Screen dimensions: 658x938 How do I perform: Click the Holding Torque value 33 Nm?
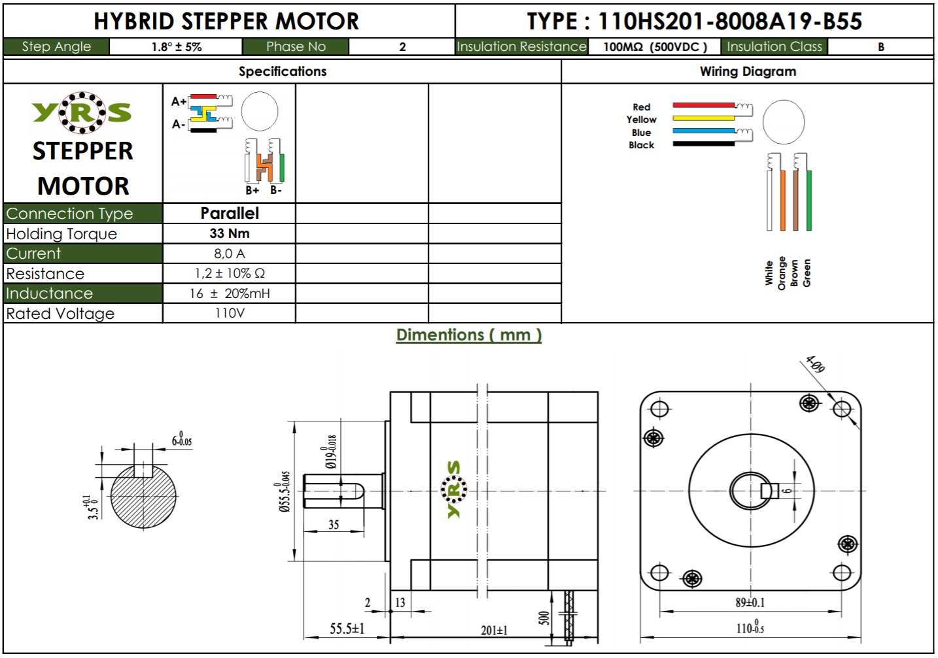[229, 233]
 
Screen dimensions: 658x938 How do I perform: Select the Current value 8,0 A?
[229, 254]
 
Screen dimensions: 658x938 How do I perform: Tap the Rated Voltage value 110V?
[229, 313]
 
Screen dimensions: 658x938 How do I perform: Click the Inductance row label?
[50, 293]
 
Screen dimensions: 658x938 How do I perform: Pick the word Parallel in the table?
[229, 213]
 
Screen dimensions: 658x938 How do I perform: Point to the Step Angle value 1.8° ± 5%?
[177, 47]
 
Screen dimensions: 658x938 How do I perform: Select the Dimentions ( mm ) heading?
[468, 335]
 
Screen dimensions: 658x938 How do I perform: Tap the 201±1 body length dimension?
[494, 630]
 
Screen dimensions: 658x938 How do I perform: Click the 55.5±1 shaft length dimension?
[347, 629]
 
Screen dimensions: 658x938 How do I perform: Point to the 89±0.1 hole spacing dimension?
[750, 602]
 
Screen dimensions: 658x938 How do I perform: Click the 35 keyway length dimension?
[334, 525]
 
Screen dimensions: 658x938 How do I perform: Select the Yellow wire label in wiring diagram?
[641, 120]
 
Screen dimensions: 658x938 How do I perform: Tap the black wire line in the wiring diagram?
[703, 144]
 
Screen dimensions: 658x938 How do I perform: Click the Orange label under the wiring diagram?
[782, 273]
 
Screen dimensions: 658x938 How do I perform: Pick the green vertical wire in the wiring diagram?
[809, 200]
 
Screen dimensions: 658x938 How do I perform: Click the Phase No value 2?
[402, 47]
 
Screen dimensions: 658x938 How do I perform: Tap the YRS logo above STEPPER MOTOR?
[82, 112]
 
